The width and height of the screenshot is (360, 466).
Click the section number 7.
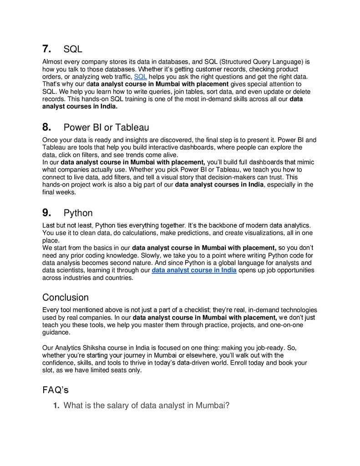(x=46, y=49)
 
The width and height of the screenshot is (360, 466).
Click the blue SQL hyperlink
(x=140, y=76)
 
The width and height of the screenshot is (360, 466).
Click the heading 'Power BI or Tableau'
(x=106, y=127)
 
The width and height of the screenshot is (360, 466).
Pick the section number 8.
(x=46, y=127)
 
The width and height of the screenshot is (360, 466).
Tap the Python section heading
(x=78, y=213)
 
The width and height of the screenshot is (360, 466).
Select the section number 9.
(x=46, y=213)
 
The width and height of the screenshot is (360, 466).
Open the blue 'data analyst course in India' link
(x=194, y=270)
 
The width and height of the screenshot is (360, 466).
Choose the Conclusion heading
(x=66, y=298)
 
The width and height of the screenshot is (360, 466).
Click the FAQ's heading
(x=56, y=390)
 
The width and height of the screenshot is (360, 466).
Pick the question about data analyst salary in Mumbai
(x=146, y=405)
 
